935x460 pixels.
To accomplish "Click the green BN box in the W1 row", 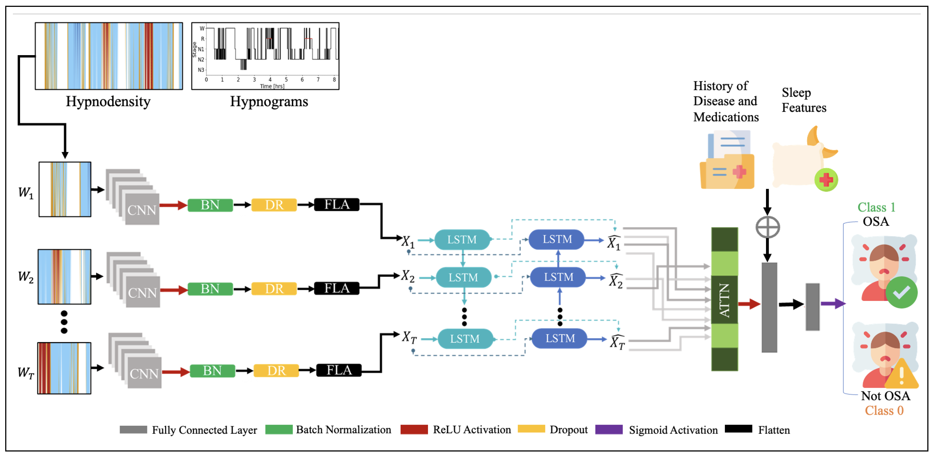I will [x=210, y=205].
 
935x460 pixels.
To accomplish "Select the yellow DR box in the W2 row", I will [x=274, y=289].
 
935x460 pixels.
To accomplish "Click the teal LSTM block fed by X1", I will [x=462, y=240].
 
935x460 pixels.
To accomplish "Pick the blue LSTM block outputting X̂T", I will [x=559, y=338].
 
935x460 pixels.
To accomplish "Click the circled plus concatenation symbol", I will [x=767, y=227].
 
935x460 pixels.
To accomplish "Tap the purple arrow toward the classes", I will [x=833, y=304].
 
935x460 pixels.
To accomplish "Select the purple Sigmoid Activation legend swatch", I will [x=609, y=430].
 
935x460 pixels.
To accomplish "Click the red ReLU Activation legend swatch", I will [x=414, y=430].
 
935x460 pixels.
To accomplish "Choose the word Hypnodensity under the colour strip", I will [x=108, y=101].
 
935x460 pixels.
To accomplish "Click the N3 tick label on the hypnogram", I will [x=201, y=70].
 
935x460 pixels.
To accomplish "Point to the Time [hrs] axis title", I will [x=272, y=86].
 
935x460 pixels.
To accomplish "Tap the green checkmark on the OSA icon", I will [x=901, y=293].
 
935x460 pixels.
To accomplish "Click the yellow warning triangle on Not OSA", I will [x=901, y=375].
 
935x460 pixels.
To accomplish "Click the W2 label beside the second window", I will [x=26, y=277].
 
